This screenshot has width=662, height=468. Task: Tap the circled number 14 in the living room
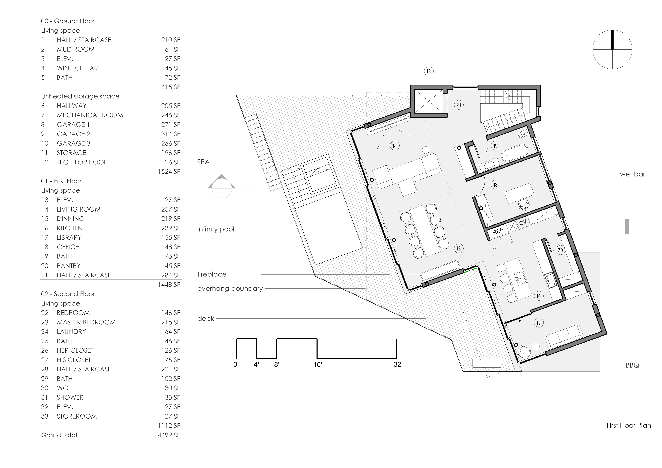click(x=394, y=146)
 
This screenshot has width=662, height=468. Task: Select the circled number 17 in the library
click(x=538, y=323)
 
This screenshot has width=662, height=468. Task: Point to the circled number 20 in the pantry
click(x=560, y=250)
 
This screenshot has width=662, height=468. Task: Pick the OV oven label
click(x=523, y=222)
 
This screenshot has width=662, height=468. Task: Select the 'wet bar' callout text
click(x=632, y=174)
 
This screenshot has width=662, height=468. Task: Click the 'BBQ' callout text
click(x=632, y=365)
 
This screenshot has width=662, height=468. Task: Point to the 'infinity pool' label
click(x=216, y=229)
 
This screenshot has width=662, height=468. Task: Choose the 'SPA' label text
click(x=203, y=162)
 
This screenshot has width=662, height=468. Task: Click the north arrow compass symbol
click(x=612, y=50)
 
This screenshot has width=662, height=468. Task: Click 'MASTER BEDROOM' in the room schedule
click(x=86, y=322)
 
